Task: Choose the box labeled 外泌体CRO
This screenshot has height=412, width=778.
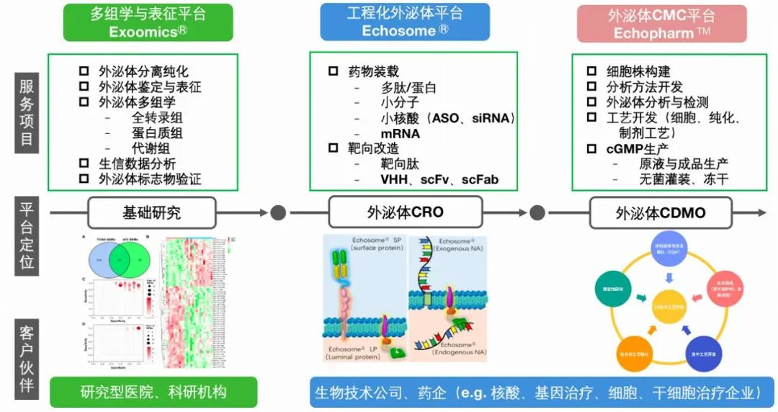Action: [406, 212]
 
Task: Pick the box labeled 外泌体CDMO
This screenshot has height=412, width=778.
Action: [661, 212]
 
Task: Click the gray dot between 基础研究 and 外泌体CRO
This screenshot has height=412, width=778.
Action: [278, 212]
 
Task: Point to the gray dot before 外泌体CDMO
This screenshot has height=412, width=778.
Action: [537, 212]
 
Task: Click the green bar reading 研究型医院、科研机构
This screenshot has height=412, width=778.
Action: [153, 393]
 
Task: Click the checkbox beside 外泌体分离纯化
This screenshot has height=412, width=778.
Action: [84, 71]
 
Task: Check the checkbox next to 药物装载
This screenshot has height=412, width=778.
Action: [333, 71]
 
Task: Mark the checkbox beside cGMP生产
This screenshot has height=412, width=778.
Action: [591, 149]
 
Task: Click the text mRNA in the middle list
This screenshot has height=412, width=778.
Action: [401, 133]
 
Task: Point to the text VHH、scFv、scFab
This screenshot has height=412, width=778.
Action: [439, 179]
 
